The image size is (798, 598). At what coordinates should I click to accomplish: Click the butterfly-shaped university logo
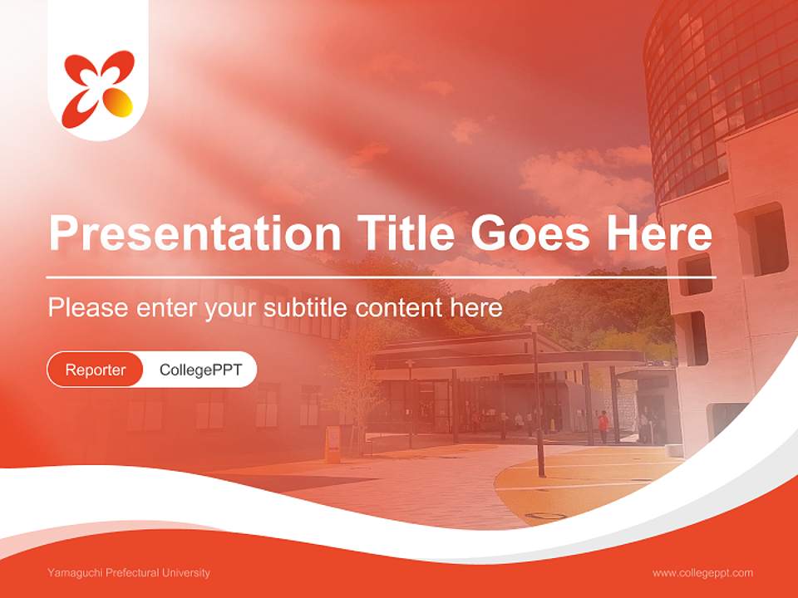98,89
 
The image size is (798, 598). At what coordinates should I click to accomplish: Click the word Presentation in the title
195,233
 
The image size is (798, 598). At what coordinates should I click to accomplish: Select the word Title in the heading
405,233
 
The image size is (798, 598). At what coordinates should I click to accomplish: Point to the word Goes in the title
530,233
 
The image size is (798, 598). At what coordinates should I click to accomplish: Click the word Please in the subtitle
88,307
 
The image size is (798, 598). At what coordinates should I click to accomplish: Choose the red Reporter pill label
95,370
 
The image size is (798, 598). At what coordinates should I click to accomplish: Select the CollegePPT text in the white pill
200,370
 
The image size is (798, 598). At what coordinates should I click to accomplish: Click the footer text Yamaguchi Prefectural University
129,573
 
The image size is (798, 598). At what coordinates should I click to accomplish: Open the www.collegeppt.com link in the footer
702,573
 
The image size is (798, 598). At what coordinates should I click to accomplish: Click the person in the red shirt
603,426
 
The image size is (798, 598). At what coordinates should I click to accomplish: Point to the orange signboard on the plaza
332,444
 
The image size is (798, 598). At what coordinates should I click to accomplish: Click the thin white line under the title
381,277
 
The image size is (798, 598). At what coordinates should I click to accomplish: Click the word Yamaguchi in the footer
74,573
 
